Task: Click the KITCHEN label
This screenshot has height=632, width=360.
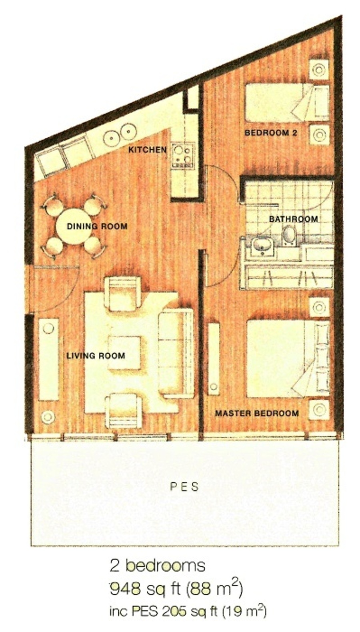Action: tap(148, 150)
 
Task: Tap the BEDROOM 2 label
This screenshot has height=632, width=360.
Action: tap(271, 132)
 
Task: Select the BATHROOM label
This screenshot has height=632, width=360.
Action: tap(294, 219)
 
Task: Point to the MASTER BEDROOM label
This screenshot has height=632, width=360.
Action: tap(257, 413)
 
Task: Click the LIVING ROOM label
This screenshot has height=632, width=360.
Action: tap(96, 355)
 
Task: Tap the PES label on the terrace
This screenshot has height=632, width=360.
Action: tap(185, 487)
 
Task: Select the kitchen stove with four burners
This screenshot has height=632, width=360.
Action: tap(183, 156)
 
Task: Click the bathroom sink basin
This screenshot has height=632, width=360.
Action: tap(262, 246)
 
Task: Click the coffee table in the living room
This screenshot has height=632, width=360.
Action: tap(124, 353)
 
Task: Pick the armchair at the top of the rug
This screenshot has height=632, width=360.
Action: tap(123, 294)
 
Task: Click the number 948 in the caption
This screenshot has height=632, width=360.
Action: tap(125, 589)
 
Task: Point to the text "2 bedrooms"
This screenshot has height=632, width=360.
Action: tap(157, 566)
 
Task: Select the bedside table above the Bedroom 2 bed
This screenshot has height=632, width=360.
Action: tap(319, 69)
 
